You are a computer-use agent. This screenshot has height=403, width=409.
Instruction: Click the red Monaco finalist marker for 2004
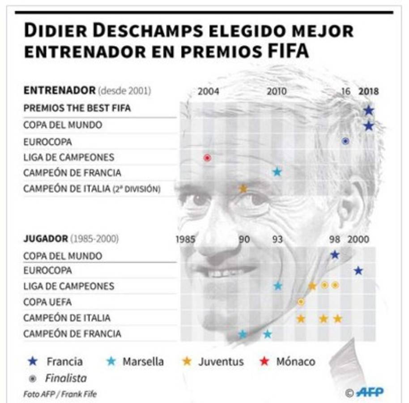click(x=207, y=158)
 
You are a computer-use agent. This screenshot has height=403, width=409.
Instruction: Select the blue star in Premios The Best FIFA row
click(x=368, y=110)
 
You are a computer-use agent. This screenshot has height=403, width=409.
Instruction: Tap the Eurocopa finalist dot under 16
click(x=345, y=141)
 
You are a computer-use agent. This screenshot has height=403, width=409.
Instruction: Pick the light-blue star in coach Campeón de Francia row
click(x=277, y=171)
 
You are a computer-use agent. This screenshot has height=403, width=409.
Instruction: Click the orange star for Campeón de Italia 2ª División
click(x=243, y=189)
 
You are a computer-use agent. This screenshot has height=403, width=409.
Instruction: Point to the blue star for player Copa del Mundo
click(x=334, y=255)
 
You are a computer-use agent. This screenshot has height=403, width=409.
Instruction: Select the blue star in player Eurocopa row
click(x=358, y=270)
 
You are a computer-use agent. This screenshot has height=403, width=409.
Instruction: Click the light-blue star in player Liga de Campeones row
click(x=278, y=286)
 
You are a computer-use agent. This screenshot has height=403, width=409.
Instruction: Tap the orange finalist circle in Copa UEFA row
click(x=301, y=302)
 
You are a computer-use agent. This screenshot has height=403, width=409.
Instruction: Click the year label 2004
click(x=209, y=91)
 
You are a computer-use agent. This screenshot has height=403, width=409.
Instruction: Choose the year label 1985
click(x=185, y=239)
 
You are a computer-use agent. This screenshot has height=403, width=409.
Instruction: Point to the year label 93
click(x=277, y=239)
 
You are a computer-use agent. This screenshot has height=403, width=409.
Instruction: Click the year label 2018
click(x=368, y=91)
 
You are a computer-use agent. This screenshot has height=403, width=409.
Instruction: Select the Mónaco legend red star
click(x=264, y=361)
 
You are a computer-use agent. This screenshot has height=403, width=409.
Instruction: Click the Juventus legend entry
click(x=213, y=361)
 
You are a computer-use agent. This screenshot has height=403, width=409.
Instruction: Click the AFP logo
click(x=370, y=392)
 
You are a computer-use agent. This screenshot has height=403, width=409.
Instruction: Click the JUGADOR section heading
click(x=45, y=239)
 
